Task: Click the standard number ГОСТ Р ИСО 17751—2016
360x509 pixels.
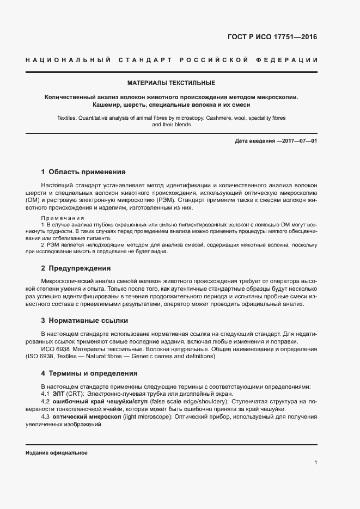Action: [272, 38]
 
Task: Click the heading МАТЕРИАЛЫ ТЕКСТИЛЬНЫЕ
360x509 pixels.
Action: [171, 83]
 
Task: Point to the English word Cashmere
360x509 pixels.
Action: [218, 118]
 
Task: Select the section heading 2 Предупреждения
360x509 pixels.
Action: [76, 268]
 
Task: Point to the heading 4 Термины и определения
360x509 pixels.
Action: [89, 373]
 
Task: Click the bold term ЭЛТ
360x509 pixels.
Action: [59, 394]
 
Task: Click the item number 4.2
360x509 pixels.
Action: [46, 401]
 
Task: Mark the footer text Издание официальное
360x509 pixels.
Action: [57, 453]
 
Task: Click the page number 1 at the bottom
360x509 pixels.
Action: [315, 462]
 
